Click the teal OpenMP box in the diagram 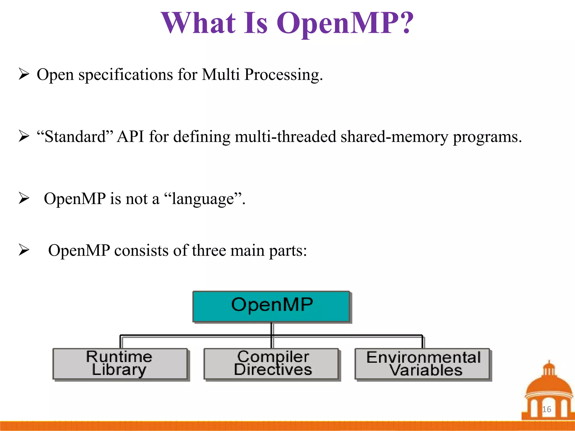pos(271,306)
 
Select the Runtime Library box pos(120,364)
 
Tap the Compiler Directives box pos(271,364)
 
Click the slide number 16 pos(546,409)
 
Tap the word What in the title pos(198,23)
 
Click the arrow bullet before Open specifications pos(24,74)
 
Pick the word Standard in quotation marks pos(75,137)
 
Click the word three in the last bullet pos(209,250)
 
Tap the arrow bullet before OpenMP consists pos(24,250)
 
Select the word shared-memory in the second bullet pos(394,137)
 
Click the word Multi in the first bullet pos(221,75)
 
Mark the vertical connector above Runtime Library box pos(121,342)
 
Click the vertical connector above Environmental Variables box pos(422,342)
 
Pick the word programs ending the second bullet pos(487,137)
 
